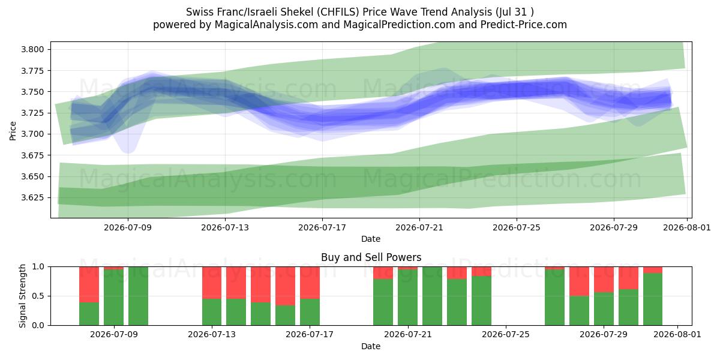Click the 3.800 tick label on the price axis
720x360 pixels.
coord(32,49)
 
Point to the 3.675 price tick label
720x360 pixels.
coord(32,155)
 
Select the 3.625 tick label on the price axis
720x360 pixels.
coord(32,197)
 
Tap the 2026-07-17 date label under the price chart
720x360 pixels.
coord(322,228)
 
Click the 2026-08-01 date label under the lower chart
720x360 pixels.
coord(677,335)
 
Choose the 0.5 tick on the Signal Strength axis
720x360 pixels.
coord(38,296)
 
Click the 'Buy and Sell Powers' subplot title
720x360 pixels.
coord(371,257)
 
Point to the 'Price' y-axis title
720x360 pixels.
coord(13,131)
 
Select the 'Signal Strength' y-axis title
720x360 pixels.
coord(22,296)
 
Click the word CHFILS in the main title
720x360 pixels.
coord(338,12)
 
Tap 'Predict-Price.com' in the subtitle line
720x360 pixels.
coord(524,25)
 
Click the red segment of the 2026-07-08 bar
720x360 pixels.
coord(89,284)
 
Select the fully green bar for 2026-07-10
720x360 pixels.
coord(138,296)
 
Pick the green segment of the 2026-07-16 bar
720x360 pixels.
coord(286,316)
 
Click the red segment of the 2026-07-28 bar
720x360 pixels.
coord(579,281)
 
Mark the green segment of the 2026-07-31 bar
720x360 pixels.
coord(653,299)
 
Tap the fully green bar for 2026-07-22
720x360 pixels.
coord(433,296)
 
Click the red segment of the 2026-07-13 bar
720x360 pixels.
coord(212,283)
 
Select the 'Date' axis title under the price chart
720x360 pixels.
coord(371,239)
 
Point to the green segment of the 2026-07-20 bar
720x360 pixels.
coord(383,302)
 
